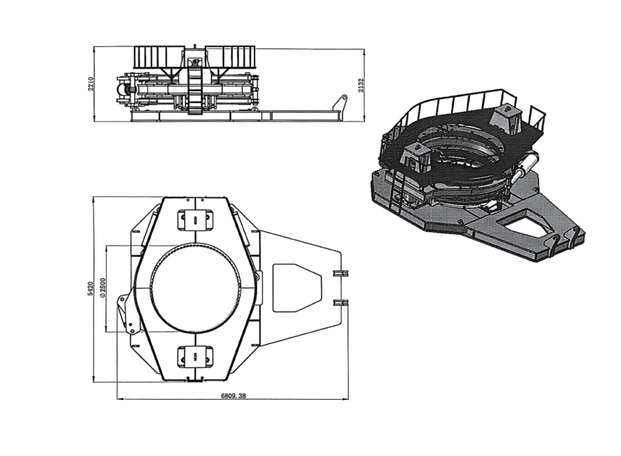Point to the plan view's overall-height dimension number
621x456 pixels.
pyautogui.click(x=91, y=288)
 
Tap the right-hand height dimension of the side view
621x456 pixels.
pyautogui.click(x=361, y=85)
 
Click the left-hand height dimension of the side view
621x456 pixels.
pyautogui.click(x=91, y=84)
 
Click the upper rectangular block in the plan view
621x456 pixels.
pyautogui.click(x=195, y=220)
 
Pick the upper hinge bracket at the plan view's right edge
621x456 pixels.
pyautogui.click(x=340, y=273)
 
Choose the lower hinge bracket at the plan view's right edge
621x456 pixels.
pyautogui.click(x=340, y=302)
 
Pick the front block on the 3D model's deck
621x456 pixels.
pyautogui.click(x=416, y=158)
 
